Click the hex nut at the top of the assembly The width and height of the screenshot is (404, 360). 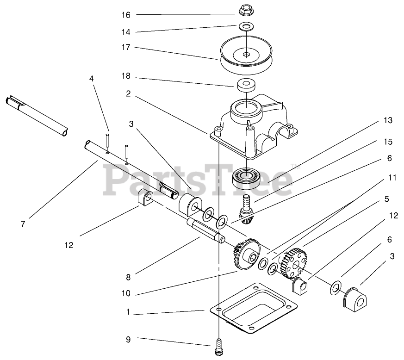click(246, 10)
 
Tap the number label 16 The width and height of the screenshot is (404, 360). click(126, 15)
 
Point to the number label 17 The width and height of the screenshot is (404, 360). click(126, 47)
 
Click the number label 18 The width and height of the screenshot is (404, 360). click(126, 76)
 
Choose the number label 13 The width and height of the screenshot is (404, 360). click(388, 120)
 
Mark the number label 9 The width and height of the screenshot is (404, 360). click(128, 339)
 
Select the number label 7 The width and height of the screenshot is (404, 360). click(23, 223)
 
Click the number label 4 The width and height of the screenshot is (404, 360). click(92, 79)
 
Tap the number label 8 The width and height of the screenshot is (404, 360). click(128, 277)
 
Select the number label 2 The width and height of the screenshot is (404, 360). click(128, 93)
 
